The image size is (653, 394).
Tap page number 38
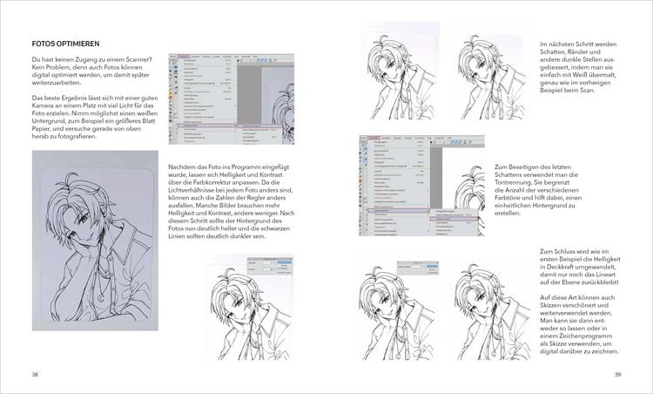pos(35,374)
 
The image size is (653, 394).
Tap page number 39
pos(617,374)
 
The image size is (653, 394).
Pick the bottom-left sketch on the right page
pos(399,309)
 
